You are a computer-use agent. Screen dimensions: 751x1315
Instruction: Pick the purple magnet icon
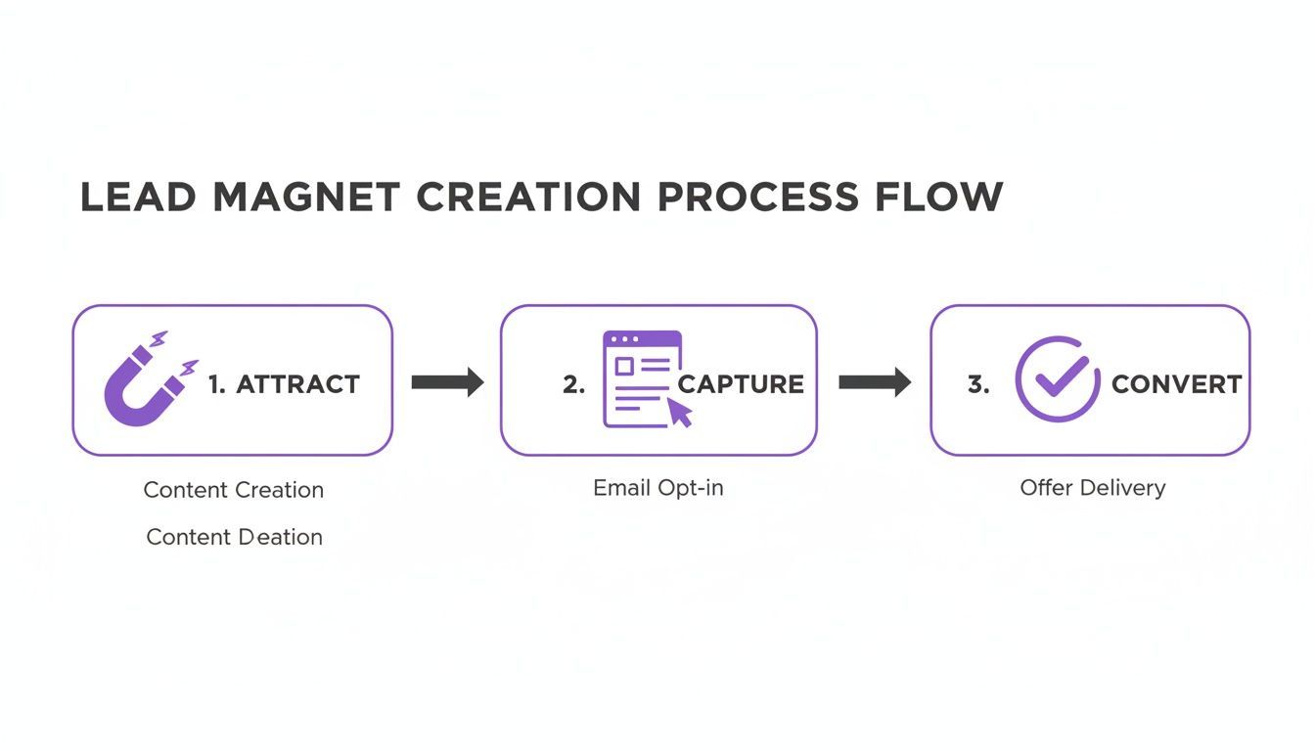pyautogui.click(x=147, y=380)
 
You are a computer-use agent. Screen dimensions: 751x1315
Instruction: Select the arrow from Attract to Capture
pyautogui.click(x=447, y=381)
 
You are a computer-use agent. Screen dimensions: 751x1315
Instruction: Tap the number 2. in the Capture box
pyautogui.click(x=573, y=384)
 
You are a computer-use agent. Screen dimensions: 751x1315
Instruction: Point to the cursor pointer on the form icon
pyautogui.click(x=680, y=413)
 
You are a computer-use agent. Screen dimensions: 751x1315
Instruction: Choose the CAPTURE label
pyautogui.click(x=741, y=384)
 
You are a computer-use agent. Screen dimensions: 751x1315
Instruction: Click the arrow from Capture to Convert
pyautogui.click(x=874, y=381)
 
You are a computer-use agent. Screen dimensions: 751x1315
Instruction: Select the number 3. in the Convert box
pyautogui.click(x=978, y=384)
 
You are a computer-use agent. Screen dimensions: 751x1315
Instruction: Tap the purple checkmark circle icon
pyautogui.click(x=1057, y=378)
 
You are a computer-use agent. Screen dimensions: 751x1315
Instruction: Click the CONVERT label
pyautogui.click(x=1176, y=384)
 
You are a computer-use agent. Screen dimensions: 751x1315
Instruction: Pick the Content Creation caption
pyautogui.click(x=233, y=490)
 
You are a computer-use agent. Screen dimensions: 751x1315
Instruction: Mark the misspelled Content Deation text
pyautogui.click(x=234, y=537)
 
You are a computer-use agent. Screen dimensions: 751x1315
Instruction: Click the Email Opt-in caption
pyautogui.click(x=657, y=487)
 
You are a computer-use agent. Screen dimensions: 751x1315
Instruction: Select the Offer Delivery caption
pyautogui.click(x=1092, y=487)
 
